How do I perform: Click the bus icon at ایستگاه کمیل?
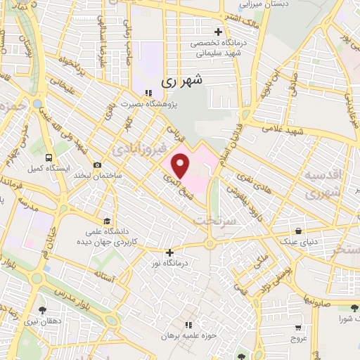pos(49,157)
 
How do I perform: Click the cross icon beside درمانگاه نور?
pos(169,252)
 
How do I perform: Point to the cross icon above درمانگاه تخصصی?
pos(218,32)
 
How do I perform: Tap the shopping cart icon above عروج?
pos(298,327)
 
